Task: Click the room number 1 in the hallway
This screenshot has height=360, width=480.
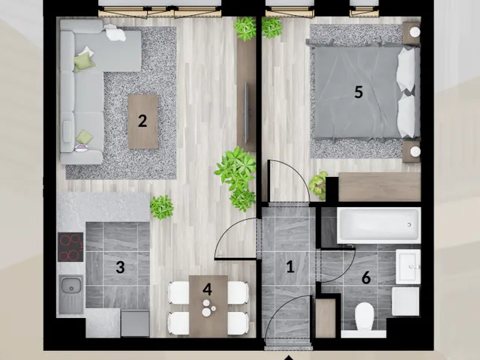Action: click(290, 267)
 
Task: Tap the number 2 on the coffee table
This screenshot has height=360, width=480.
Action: click(142, 121)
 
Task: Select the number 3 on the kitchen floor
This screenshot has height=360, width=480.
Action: click(120, 267)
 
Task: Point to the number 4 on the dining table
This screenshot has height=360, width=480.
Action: click(207, 289)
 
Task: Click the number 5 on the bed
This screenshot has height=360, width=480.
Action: click(358, 92)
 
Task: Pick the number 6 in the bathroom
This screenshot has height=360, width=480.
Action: click(366, 277)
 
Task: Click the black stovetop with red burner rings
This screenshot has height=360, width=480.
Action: click(70, 247)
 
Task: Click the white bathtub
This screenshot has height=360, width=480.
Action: click(379, 226)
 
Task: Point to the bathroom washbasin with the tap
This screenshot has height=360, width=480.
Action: click(408, 267)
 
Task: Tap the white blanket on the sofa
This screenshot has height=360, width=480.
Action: click(115, 33)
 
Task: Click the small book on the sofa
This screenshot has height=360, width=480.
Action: click(82, 148)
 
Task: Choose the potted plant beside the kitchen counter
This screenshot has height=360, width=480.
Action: click(162, 207)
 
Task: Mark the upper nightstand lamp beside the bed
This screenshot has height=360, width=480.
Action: click(415, 31)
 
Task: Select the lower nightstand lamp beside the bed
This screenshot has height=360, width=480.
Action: click(415, 151)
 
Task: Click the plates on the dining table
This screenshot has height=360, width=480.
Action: click(207, 307)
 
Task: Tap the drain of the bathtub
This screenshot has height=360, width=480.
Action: click(409, 225)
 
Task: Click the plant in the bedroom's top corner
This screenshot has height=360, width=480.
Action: click(271, 28)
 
